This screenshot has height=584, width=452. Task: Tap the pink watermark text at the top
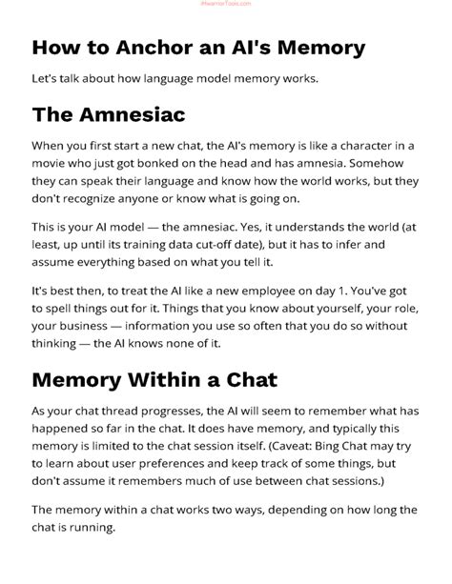(x=226, y=4)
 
